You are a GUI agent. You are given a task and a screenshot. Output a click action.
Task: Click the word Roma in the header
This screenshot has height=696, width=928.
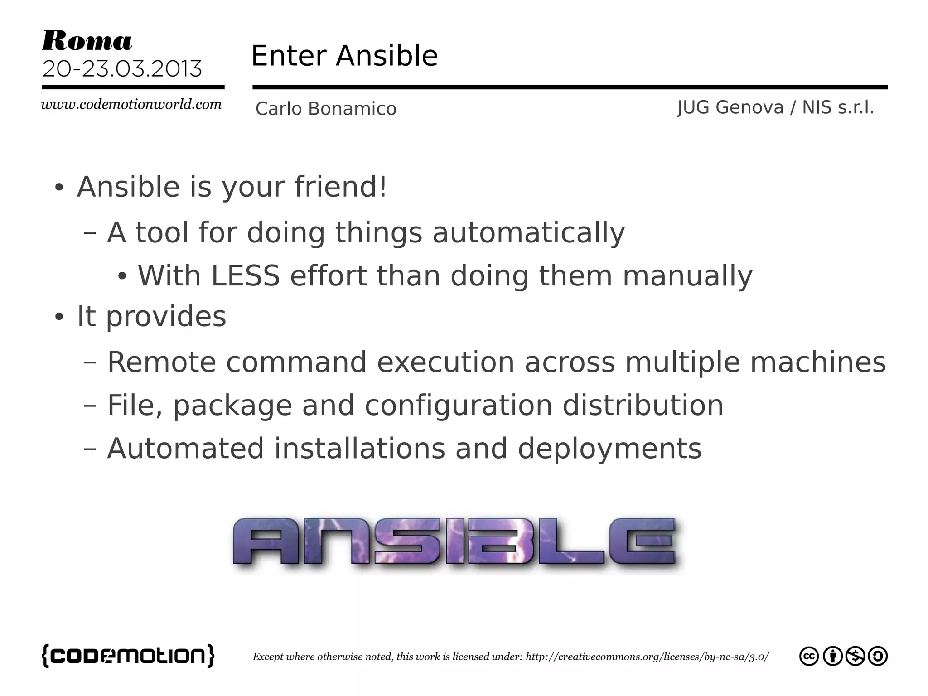(x=87, y=41)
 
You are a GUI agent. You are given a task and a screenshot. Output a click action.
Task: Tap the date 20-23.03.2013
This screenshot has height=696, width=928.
(x=122, y=69)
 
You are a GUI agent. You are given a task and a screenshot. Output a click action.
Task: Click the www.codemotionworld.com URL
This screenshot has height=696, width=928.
(x=131, y=105)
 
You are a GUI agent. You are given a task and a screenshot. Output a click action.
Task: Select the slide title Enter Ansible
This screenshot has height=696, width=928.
(x=344, y=56)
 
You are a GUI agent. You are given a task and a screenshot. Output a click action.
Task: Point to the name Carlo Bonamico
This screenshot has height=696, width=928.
(x=326, y=109)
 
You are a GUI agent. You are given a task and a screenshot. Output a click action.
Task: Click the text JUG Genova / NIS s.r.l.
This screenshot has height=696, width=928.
(x=775, y=108)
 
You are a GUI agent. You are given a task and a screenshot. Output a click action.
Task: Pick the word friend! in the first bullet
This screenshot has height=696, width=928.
(x=341, y=187)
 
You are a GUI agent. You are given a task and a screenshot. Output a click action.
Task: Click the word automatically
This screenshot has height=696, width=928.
(x=528, y=233)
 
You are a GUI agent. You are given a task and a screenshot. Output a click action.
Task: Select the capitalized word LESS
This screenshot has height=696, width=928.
(x=246, y=276)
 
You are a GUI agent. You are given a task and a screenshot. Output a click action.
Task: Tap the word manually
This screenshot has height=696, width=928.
(x=687, y=276)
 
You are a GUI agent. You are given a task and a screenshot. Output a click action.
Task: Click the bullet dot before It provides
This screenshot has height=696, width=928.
(x=58, y=317)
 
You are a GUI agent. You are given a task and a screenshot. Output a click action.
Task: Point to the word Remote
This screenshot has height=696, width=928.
(x=161, y=362)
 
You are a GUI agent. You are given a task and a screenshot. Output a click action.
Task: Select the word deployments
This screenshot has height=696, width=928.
(x=609, y=449)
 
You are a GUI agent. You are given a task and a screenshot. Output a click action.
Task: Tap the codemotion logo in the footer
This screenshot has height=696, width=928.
(x=128, y=656)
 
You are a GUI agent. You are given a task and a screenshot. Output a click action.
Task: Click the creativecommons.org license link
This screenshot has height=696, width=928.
(x=647, y=657)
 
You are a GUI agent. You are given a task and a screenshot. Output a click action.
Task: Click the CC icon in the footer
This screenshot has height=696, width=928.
(x=809, y=657)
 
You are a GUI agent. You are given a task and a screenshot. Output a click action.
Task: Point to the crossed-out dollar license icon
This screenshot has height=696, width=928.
(x=855, y=657)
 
